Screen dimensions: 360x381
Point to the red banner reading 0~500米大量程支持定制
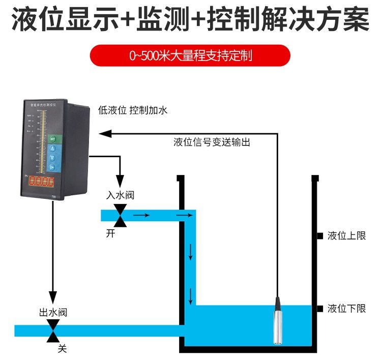point(190,55)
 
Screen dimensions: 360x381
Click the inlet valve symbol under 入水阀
point(121,215)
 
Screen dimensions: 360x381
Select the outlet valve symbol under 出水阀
point(52,331)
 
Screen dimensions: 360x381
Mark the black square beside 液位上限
point(320,236)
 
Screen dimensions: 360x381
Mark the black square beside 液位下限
point(320,309)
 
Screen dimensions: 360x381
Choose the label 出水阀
point(53,312)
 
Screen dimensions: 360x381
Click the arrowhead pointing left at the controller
point(105,133)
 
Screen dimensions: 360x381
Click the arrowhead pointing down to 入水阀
point(121,181)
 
